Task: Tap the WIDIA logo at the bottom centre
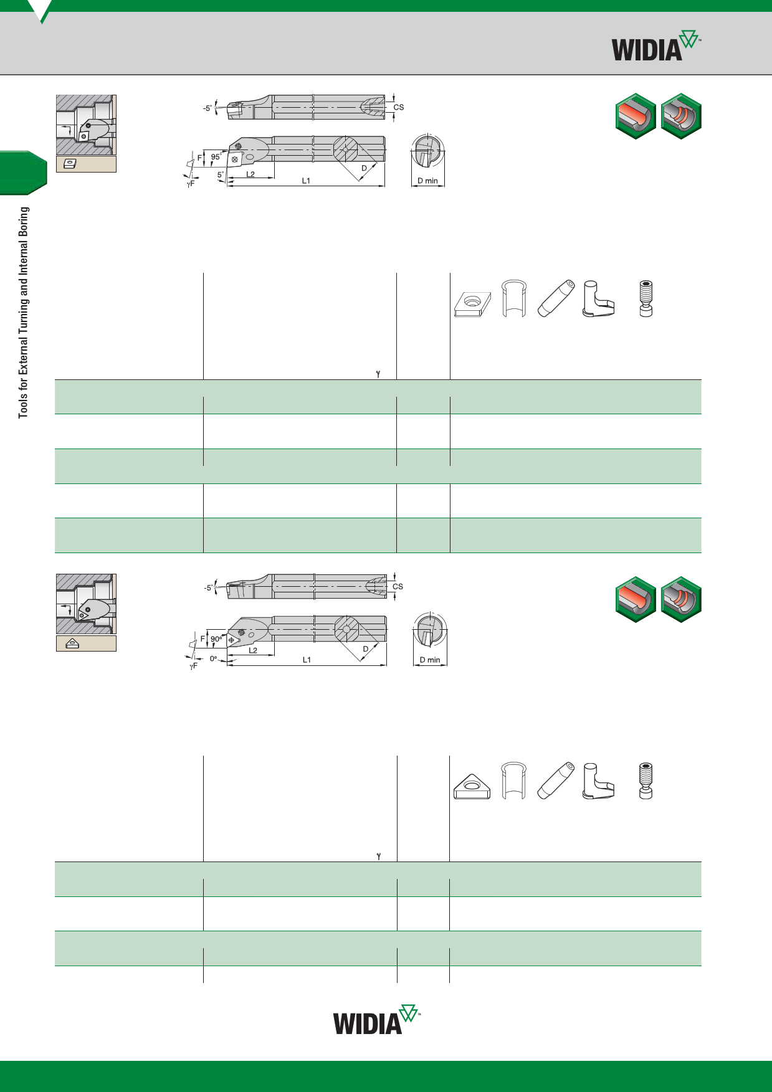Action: (377, 1020)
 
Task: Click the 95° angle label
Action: (216, 157)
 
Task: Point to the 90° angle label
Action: (216, 639)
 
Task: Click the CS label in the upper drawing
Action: (399, 107)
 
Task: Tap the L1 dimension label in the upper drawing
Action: (306, 181)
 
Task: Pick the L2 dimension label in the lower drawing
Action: (253, 650)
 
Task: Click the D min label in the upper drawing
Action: (427, 181)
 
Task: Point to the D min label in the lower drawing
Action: (430, 660)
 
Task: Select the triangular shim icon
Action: (472, 786)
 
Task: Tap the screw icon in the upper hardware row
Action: (646, 299)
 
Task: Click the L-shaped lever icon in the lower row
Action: (598, 781)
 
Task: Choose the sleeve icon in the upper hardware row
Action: (514, 299)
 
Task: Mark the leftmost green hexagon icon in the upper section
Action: (636, 116)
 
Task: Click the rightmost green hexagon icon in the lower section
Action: (681, 599)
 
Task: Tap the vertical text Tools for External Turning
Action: (24, 313)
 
